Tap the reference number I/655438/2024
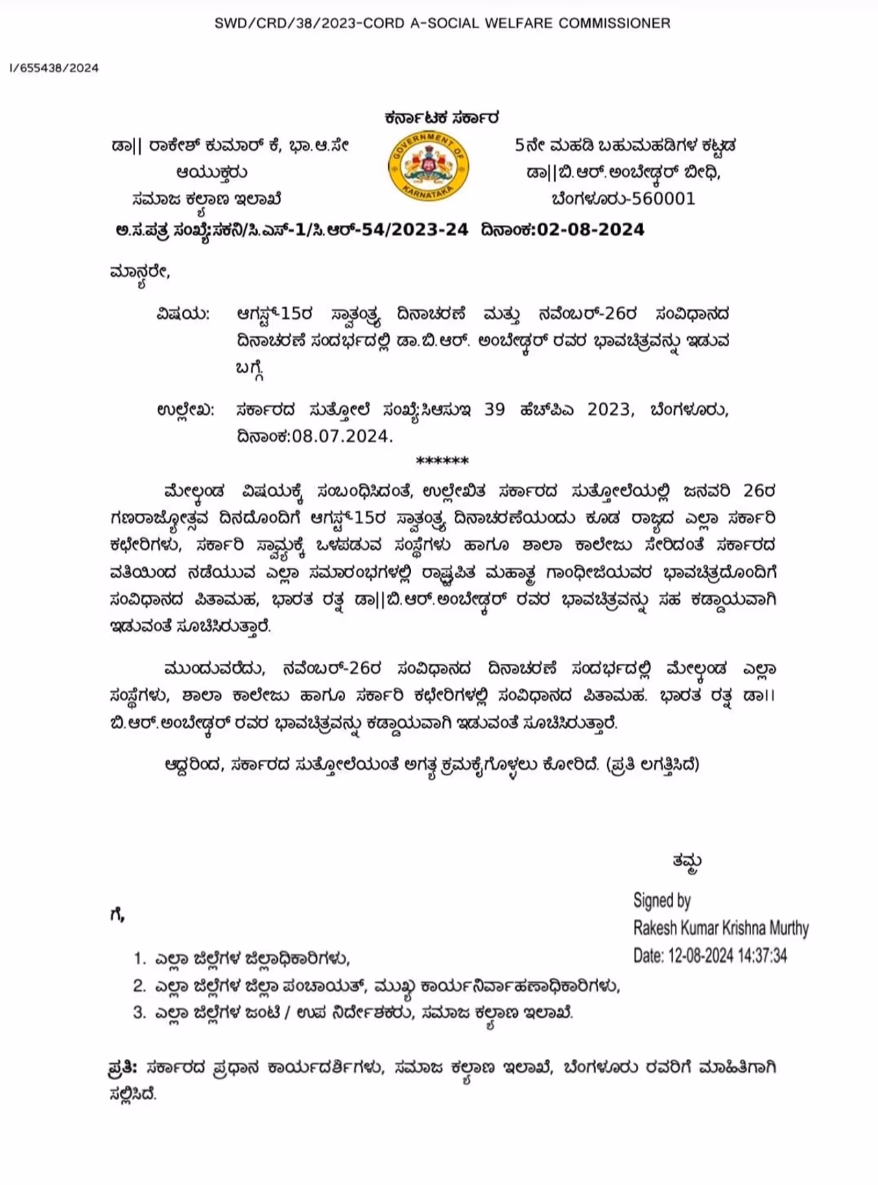pos(54,68)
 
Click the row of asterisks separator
pos(442,461)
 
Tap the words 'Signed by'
pos(661,900)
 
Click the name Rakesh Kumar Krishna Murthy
pos(720,929)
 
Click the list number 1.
pos(139,958)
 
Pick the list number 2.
pos(139,986)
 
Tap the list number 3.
pos(139,1013)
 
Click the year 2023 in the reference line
pos(608,409)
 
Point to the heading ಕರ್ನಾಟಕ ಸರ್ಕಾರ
pos(442,118)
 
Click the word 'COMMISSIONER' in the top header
pos(615,23)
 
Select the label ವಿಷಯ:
pos(182,314)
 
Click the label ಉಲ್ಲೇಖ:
pos(185,410)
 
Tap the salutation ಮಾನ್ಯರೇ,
pos(139,272)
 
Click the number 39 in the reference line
pos(495,409)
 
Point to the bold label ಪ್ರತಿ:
pos(123,1068)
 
